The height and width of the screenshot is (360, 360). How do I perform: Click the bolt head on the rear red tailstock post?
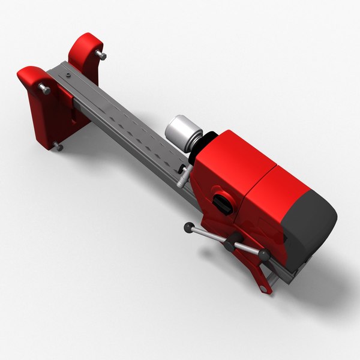point(101,56)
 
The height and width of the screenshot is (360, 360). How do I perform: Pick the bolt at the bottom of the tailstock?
point(59,146)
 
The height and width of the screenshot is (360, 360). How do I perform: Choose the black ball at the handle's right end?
point(263,256)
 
